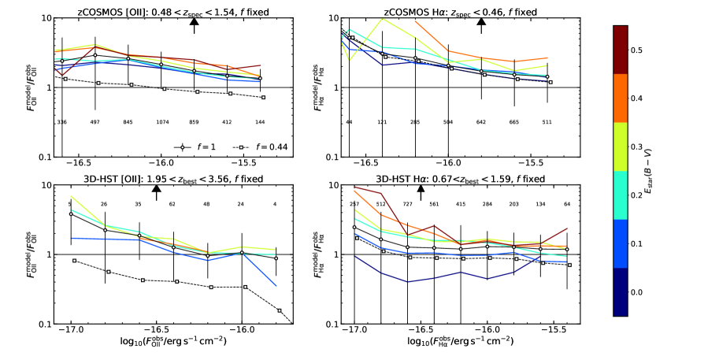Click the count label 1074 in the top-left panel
161,122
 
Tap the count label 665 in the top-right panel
514,122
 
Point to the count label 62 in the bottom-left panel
172,203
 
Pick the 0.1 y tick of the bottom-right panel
329,324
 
